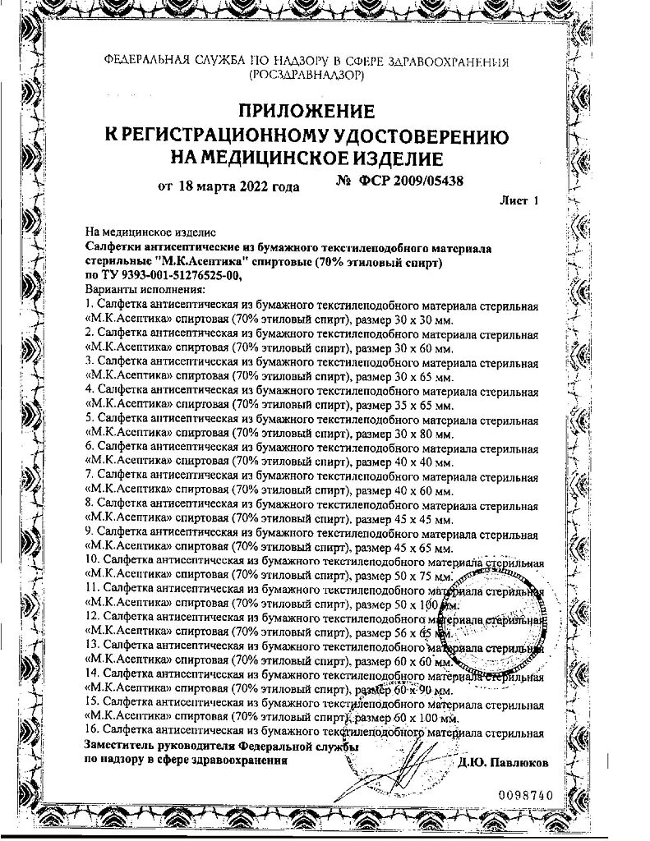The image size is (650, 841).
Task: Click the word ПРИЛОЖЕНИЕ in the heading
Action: click(x=306, y=109)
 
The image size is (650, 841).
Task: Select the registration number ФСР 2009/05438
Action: click(x=400, y=179)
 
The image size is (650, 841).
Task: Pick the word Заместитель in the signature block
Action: click(x=120, y=745)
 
